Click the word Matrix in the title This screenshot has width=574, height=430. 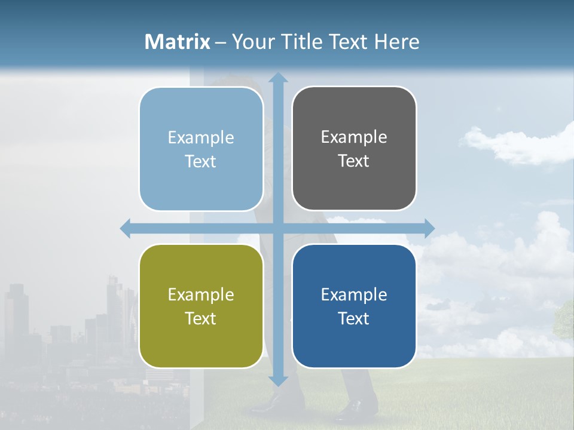[178, 42]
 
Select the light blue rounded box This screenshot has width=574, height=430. [201, 149]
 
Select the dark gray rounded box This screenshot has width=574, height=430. [354, 148]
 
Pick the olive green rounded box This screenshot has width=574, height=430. [201, 306]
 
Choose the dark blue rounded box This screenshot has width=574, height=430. [354, 306]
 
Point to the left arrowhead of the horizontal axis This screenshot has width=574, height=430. [126, 228]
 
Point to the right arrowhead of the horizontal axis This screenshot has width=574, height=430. [429, 228]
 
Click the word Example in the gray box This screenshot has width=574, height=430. [354, 137]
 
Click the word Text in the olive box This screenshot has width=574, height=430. [200, 318]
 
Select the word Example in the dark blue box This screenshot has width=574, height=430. [354, 294]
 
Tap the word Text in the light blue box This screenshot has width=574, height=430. [200, 161]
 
